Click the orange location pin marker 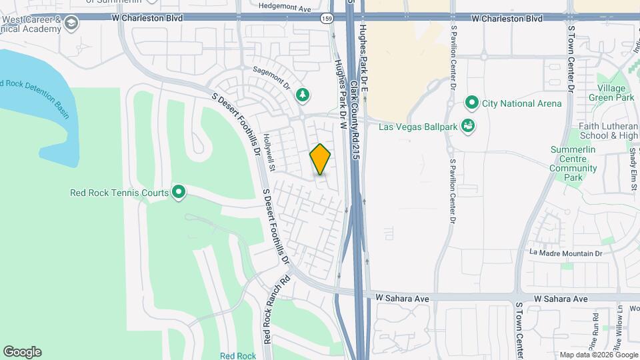(x=320, y=159)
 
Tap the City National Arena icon (x=472, y=103)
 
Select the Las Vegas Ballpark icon (x=468, y=125)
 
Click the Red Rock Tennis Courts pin (x=179, y=193)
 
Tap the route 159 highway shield (x=326, y=17)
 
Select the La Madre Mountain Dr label (x=565, y=253)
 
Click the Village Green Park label (x=611, y=93)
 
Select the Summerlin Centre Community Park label (x=573, y=163)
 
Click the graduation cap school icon (x=71, y=24)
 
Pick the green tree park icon (x=303, y=95)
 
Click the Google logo (x=22, y=352)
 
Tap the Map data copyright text (x=598, y=354)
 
